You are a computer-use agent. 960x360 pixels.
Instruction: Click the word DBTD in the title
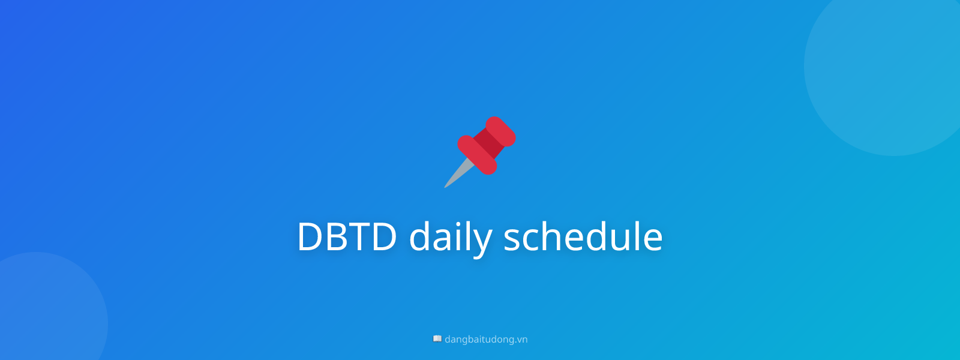point(347,236)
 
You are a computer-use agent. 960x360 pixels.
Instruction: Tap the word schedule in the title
point(583,236)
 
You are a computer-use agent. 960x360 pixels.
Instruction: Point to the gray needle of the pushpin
point(457,175)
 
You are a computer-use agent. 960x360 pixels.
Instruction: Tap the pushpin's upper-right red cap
point(501,131)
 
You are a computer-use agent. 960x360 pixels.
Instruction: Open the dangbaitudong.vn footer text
point(486,340)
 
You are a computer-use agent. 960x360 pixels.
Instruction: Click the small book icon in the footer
point(437,339)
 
